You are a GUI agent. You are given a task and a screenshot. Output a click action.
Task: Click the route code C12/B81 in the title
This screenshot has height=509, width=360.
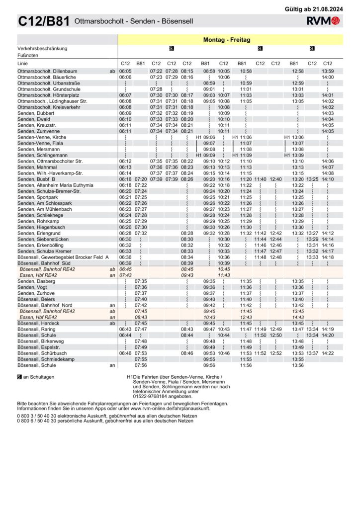[x=44, y=21]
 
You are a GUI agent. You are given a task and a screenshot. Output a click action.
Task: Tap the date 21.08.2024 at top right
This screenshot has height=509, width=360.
[x=328, y=9]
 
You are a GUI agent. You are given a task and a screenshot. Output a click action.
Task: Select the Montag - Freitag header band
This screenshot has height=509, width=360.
[x=227, y=40]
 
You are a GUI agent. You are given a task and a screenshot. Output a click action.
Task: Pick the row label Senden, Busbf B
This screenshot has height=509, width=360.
[x=36, y=179]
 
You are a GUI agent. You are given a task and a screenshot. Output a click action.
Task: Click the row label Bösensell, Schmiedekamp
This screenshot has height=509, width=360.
[x=46, y=359]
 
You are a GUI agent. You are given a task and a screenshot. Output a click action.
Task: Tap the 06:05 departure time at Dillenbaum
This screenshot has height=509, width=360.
[x=125, y=72]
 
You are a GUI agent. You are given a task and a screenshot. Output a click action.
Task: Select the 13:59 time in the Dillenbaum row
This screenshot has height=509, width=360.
[x=327, y=72]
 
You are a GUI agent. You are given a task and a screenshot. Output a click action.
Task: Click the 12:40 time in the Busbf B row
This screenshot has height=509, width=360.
[x=275, y=179]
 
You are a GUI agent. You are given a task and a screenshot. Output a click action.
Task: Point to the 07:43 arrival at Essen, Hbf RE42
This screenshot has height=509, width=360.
[x=125, y=275]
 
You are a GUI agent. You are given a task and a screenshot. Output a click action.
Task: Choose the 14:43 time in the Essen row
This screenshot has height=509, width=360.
[x=298, y=317]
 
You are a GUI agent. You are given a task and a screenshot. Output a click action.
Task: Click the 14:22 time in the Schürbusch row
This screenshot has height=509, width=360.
[x=327, y=353]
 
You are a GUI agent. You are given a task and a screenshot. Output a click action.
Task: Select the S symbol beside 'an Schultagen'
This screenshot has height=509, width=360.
[x=19, y=377]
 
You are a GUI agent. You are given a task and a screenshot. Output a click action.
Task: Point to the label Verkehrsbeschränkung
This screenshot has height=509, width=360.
[x=42, y=48]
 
